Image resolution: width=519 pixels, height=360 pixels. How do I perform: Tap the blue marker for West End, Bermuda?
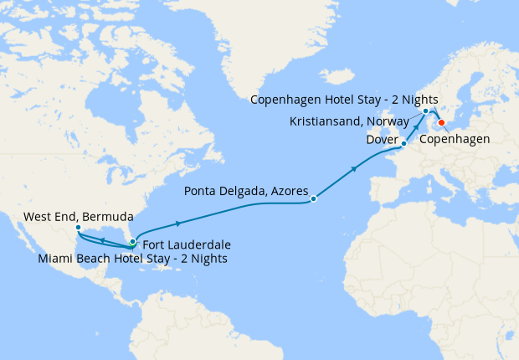pyautogui.click(x=77, y=228)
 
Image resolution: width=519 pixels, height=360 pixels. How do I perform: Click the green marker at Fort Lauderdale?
pyautogui.click(x=132, y=243)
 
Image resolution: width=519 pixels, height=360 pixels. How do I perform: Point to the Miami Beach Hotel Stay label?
pyautogui.click(x=133, y=259)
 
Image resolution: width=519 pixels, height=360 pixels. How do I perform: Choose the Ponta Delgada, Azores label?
pyautogui.click(x=245, y=189)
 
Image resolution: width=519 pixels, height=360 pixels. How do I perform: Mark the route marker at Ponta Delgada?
pyautogui.click(x=313, y=199)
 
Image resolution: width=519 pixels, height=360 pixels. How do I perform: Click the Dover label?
pyautogui.click(x=382, y=140)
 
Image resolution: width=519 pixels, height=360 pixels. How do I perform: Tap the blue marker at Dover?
pyautogui.click(x=403, y=144)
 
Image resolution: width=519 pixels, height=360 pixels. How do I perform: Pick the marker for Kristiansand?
pyautogui.click(x=425, y=111)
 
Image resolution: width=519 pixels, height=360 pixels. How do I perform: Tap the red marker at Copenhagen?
pyautogui.click(x=442, y=124)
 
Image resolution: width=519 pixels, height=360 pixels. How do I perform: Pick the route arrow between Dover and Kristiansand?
pyautogui.click(x=416, y=127)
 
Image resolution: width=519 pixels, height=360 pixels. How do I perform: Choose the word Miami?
pyautogui.click(x=57, y=259)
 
